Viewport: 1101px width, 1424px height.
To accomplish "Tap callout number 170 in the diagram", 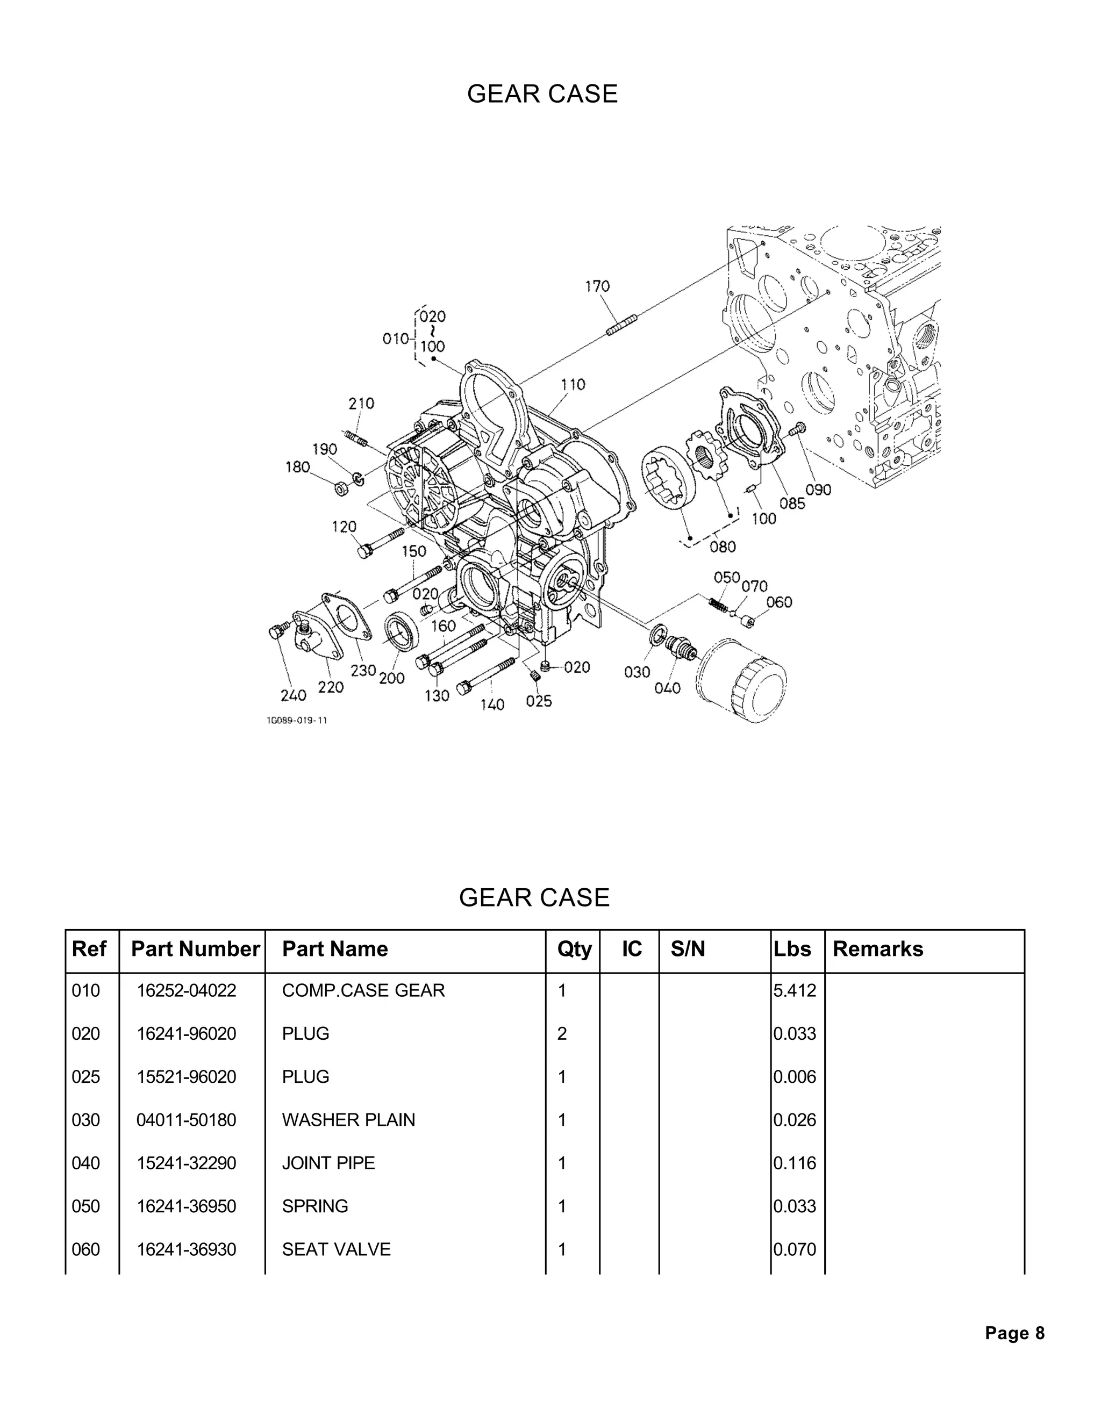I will [597, 286].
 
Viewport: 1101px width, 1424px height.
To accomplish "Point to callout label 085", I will [792, 504].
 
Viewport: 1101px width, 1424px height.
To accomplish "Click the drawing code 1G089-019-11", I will [296, 721].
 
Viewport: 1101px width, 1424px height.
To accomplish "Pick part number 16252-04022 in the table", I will [186, 990].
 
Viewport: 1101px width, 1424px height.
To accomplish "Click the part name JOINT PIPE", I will [328, 1162].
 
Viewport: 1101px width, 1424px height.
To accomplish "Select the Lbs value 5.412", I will [795, 990].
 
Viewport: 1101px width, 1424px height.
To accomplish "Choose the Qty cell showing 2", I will [562, 1033].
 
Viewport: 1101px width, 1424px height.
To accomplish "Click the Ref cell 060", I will [85, 1249].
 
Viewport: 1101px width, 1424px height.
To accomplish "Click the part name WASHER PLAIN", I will [348, 1119].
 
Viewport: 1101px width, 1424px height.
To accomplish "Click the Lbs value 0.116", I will [795, 1162].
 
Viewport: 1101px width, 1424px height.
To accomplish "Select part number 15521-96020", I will [186, 1076].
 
